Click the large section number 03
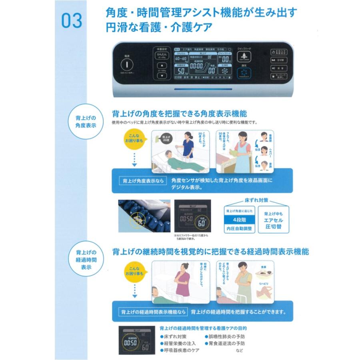(x=72, y=21)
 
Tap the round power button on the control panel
(x=126, y=64)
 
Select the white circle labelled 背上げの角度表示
(x=86, y=122)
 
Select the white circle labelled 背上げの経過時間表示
(x=86, y=259)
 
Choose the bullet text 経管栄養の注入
(x=180, y=343)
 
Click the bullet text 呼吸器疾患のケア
(x=182, y=350)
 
